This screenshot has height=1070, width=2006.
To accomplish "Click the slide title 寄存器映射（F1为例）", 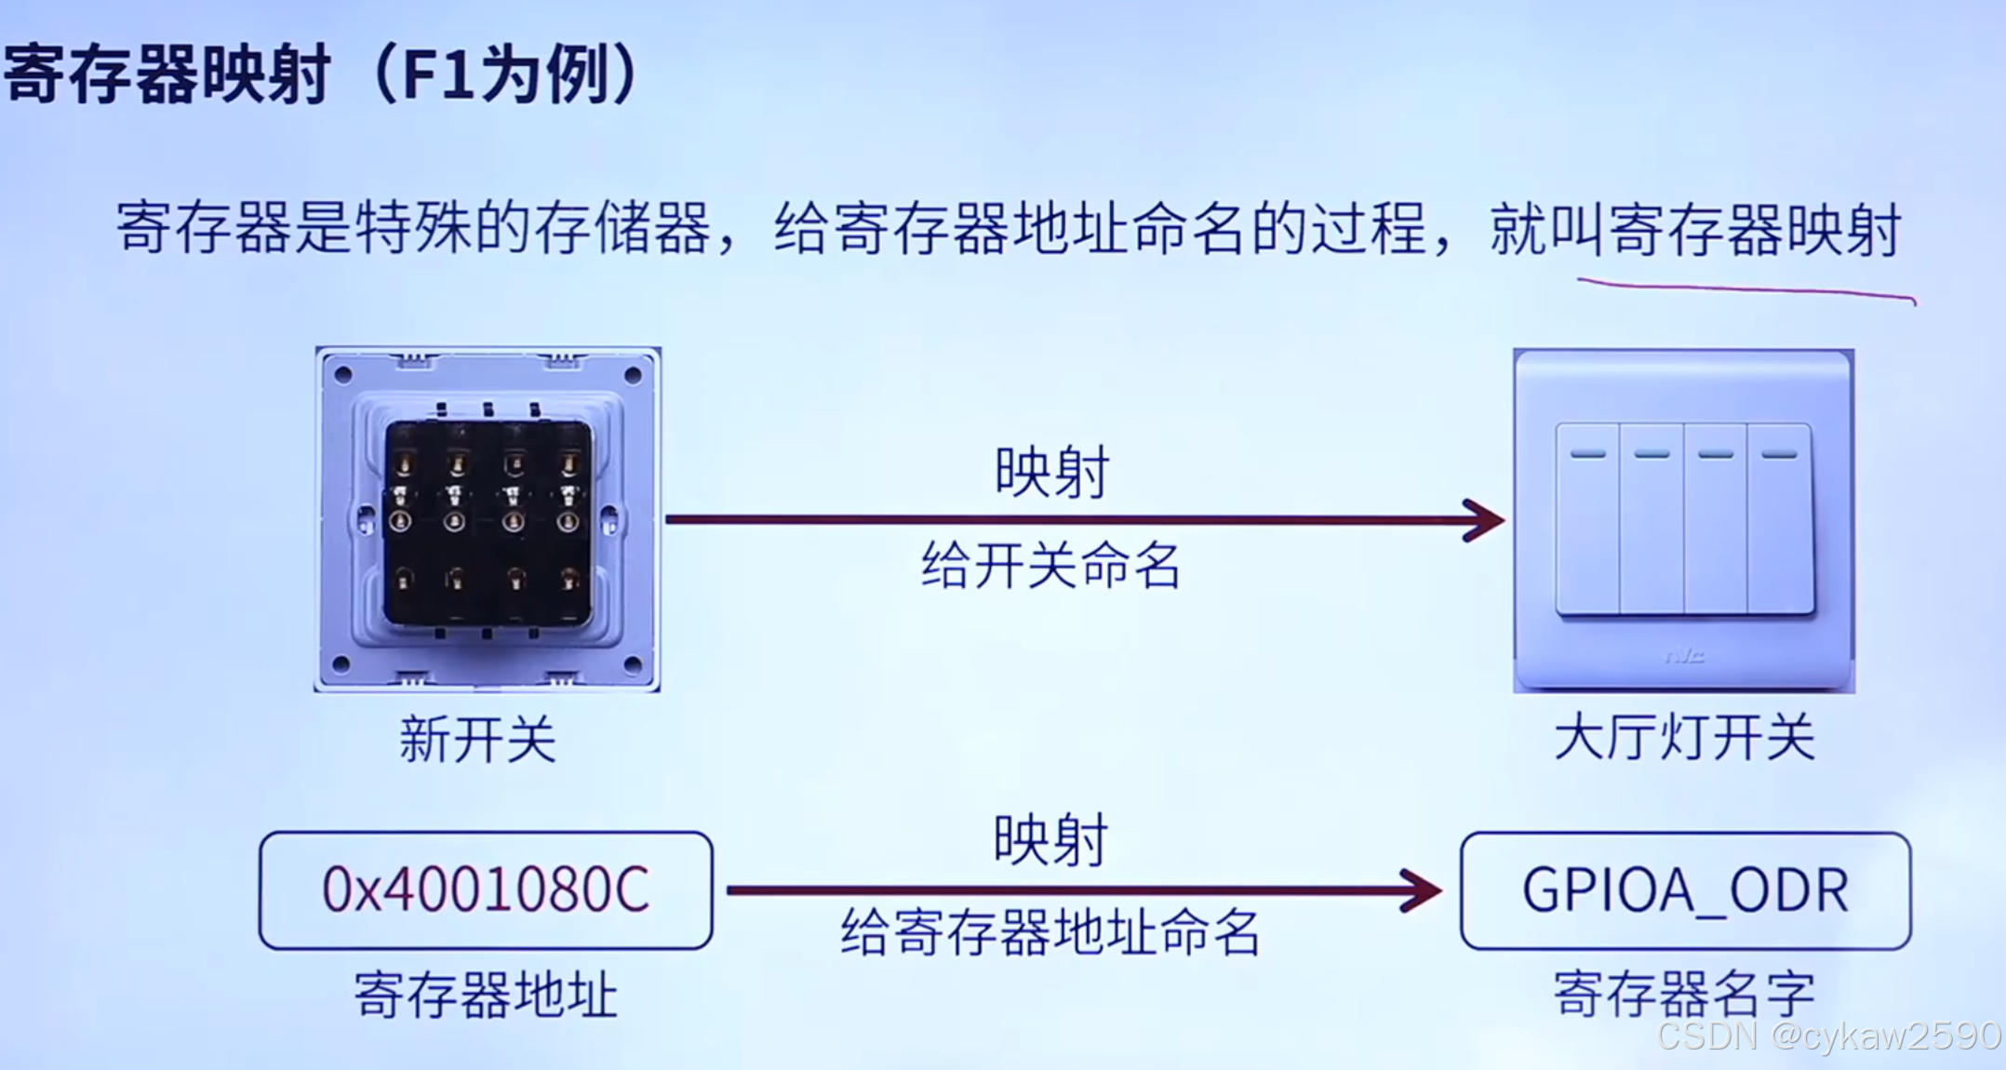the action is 321,74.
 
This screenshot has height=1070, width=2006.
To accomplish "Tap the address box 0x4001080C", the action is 486,890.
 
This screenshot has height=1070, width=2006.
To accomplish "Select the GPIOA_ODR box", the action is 1685,890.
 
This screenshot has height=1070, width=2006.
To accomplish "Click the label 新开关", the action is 477,741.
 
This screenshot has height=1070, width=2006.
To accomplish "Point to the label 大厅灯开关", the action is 1684,739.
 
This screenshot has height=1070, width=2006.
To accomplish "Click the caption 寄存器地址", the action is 486,995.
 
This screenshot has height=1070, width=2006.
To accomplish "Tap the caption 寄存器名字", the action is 1684,994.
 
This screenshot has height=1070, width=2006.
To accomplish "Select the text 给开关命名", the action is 1050,566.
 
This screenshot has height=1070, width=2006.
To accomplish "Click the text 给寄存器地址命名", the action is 1050,932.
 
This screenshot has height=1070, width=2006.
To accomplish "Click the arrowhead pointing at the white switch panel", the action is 1487,519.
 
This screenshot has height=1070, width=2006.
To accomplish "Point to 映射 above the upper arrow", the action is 1051,472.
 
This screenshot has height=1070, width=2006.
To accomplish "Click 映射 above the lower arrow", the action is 1050,839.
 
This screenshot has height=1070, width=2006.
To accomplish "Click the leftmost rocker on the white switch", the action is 1587,519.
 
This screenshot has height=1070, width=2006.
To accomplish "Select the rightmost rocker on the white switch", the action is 1779,519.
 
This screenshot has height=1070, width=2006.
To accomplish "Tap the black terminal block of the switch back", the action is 488,523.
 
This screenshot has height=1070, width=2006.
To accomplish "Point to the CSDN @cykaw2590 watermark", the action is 1828,1036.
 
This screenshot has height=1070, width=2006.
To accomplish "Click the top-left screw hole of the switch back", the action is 342,375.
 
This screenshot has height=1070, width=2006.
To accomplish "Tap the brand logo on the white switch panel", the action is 1684,657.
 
